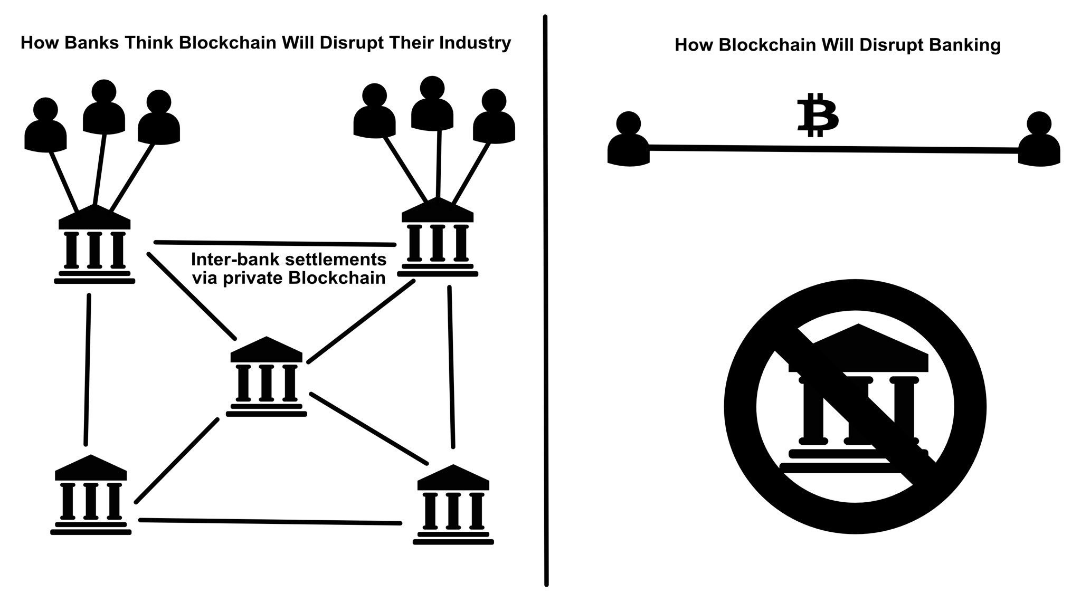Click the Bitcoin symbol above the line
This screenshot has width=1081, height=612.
pos(817,115)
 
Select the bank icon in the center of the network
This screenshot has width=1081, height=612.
pos(266,377)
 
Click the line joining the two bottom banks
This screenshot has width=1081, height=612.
pos(269,522)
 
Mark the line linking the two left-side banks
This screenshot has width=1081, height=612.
pos(88,369)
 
